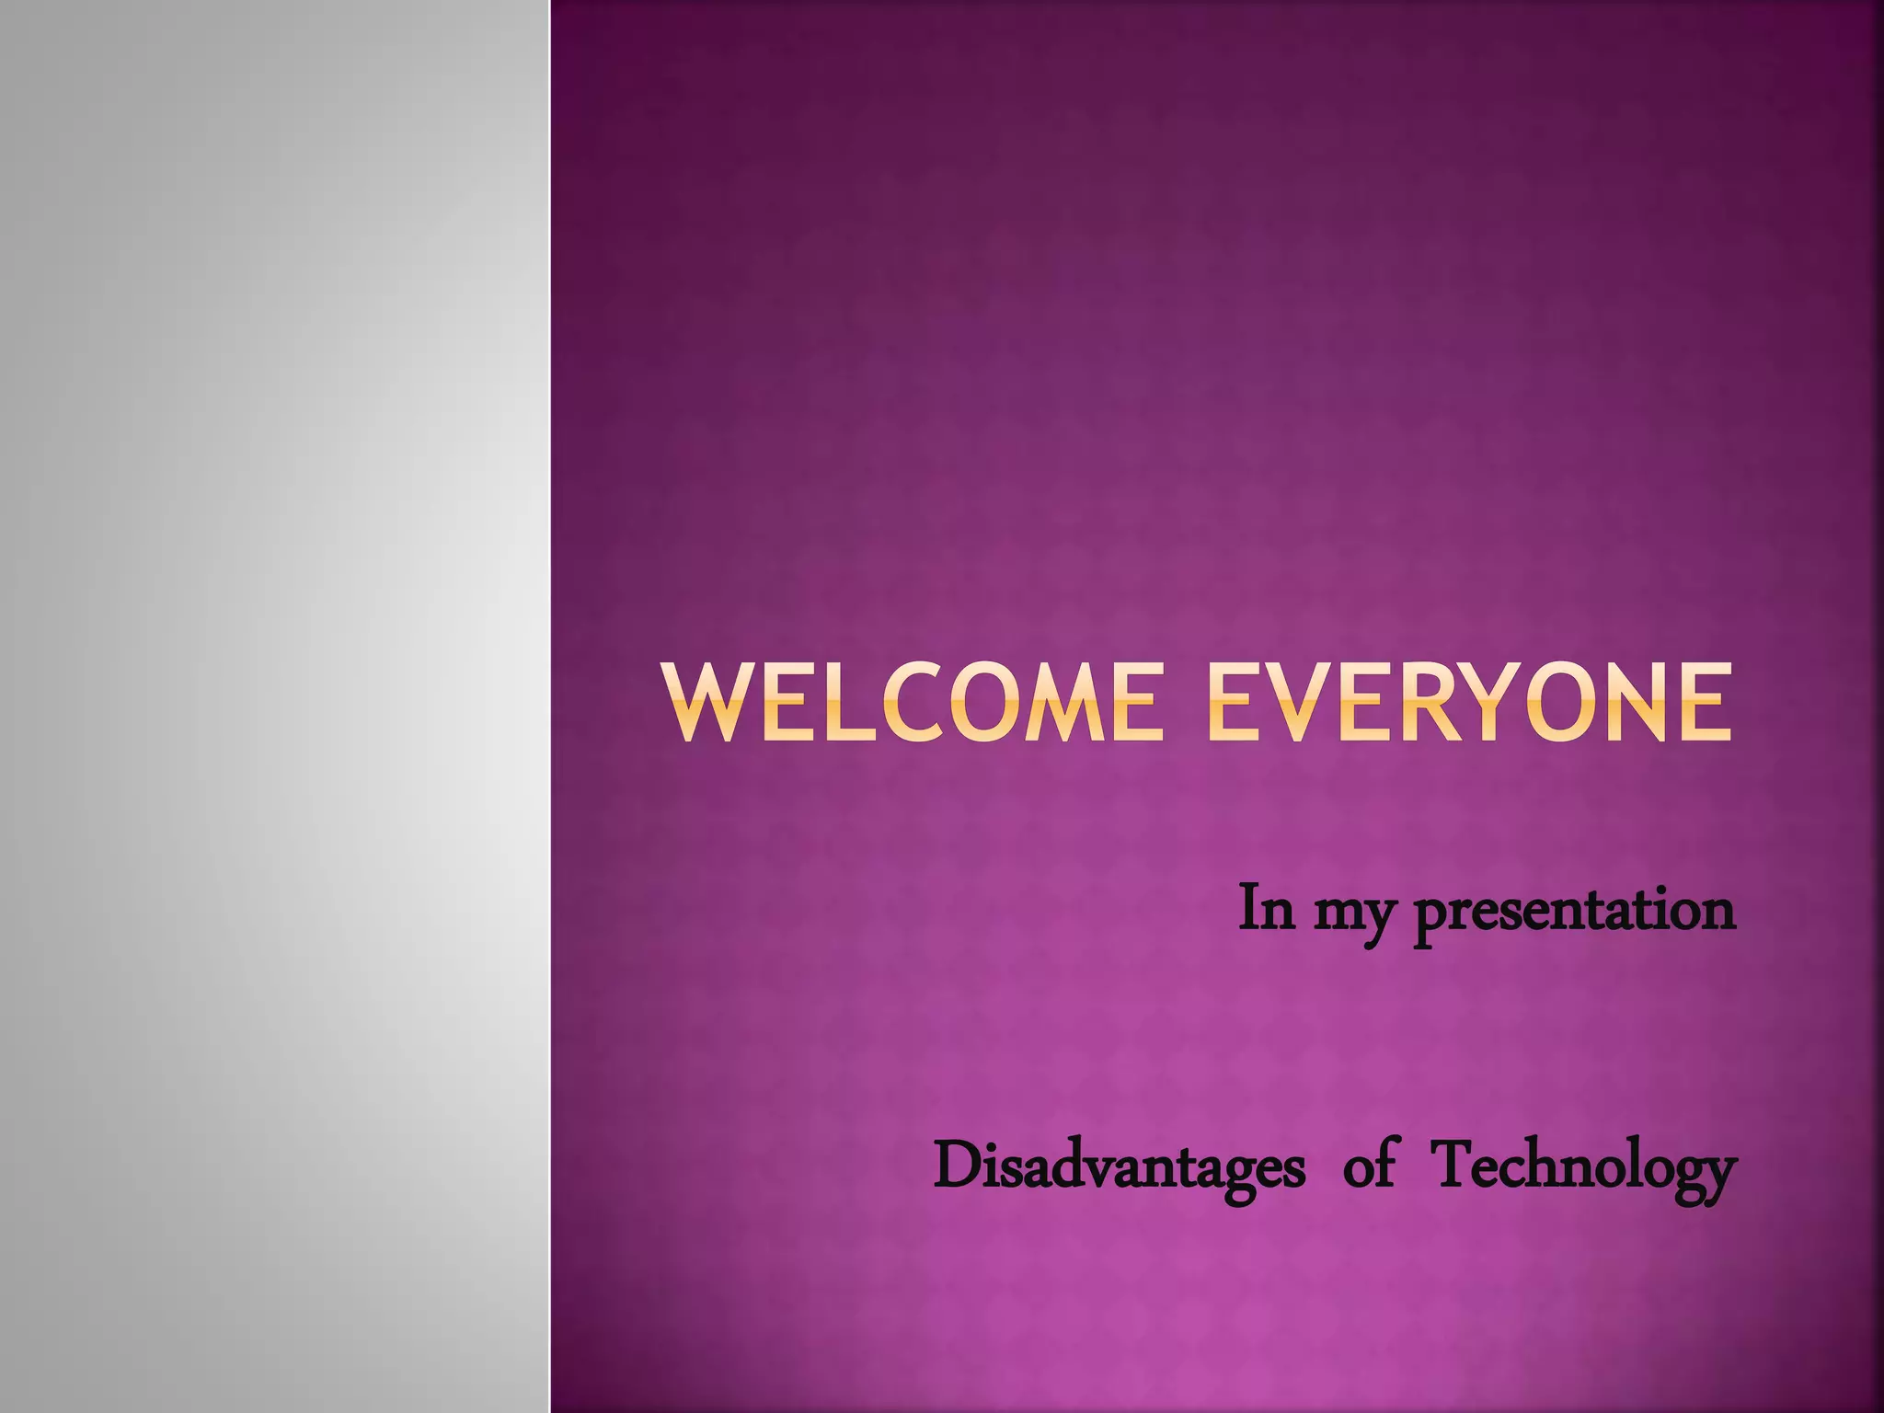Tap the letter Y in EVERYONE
(x=1508, y=703)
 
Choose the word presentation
(x=1573, y=911)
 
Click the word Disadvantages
(x=1119, y=1166)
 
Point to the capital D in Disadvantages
(x=957, y=1165)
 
